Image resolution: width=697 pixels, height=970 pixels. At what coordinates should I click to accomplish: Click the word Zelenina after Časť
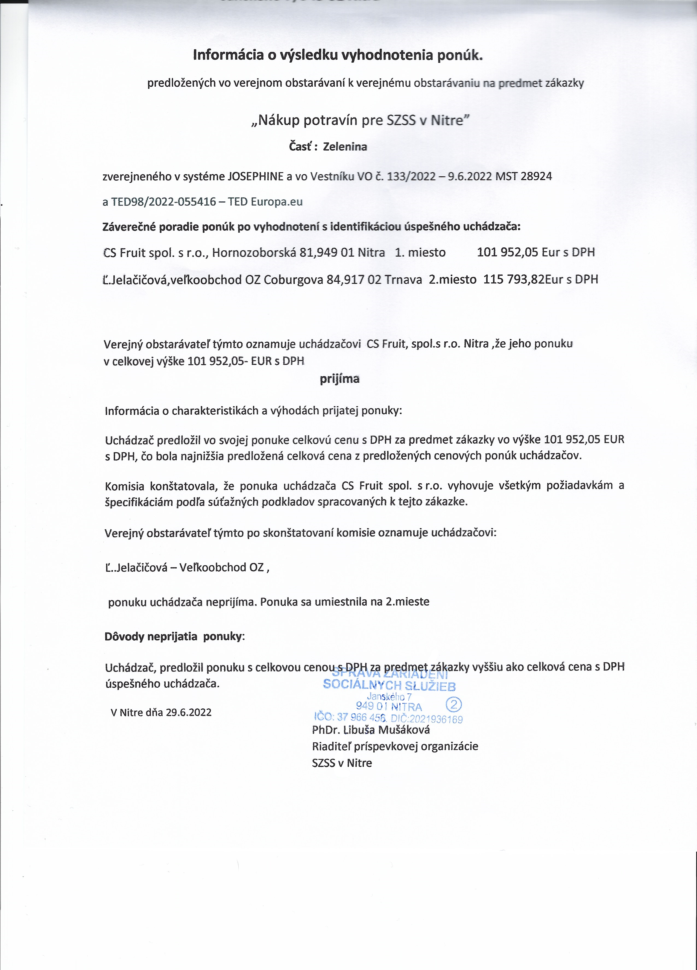click(345, 147)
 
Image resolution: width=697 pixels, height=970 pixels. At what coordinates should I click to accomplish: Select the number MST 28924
click(523, 176)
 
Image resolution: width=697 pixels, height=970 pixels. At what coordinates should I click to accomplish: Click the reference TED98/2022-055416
click(163, 202)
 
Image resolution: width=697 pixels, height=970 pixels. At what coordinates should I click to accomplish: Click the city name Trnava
click(403, 279)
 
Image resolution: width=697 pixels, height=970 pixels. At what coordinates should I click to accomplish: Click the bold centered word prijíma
click(339, 379)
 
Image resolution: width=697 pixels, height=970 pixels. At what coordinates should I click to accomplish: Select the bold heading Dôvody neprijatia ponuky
click(174, 636)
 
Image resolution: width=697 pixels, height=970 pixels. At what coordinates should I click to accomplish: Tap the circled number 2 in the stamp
click(453, 704)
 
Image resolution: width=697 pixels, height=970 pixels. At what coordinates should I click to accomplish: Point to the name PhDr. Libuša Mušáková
click(371, 730)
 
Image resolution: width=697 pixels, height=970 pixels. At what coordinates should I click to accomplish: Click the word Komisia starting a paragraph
click(124, 486)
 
